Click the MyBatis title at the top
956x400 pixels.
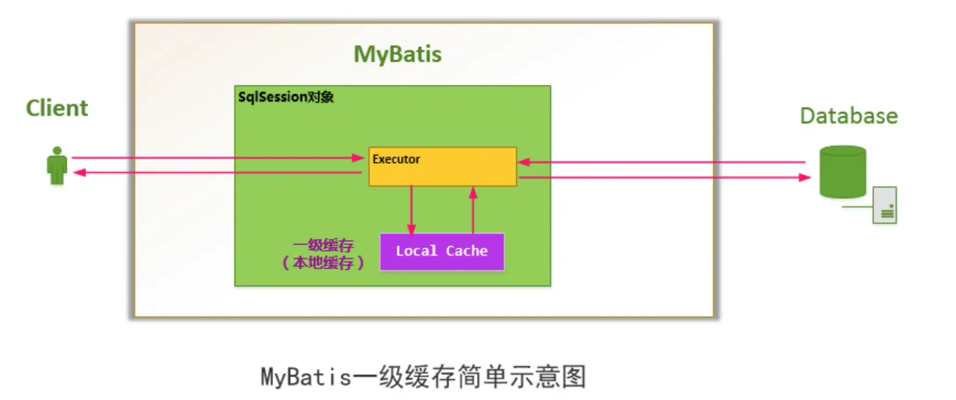(397, 54)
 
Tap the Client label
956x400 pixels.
(57, 108)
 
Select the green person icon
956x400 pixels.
(57, 166)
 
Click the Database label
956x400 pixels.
(849, 116)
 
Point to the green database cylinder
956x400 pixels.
(842, 172)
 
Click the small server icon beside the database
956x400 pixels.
(884, 205)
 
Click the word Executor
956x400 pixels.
(396, 159)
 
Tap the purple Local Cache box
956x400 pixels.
(442, 251)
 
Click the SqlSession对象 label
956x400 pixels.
(286, 97)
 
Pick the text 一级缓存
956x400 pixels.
(323, 245)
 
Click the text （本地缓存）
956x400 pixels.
(323, 263)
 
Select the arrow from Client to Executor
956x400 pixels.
(217, 158)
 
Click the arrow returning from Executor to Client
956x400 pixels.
(217, 172)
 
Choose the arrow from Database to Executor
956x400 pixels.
(661, 162)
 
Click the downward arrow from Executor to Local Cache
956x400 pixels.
(411, 210)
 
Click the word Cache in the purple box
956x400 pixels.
(467, 251)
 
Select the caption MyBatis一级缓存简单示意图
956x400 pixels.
(423, 377)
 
